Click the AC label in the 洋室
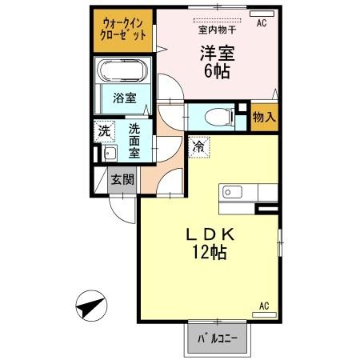point(261,23)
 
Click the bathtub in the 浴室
point(122,71)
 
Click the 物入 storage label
point(265,118)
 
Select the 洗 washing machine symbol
point(105,131)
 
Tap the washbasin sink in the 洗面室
point(108,153)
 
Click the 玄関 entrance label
point(122,179)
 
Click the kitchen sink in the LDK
point(232,192)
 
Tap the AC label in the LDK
point(265,305)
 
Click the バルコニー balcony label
point(218,339)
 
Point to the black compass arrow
point(91,307)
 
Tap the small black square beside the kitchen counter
point(268,210)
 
